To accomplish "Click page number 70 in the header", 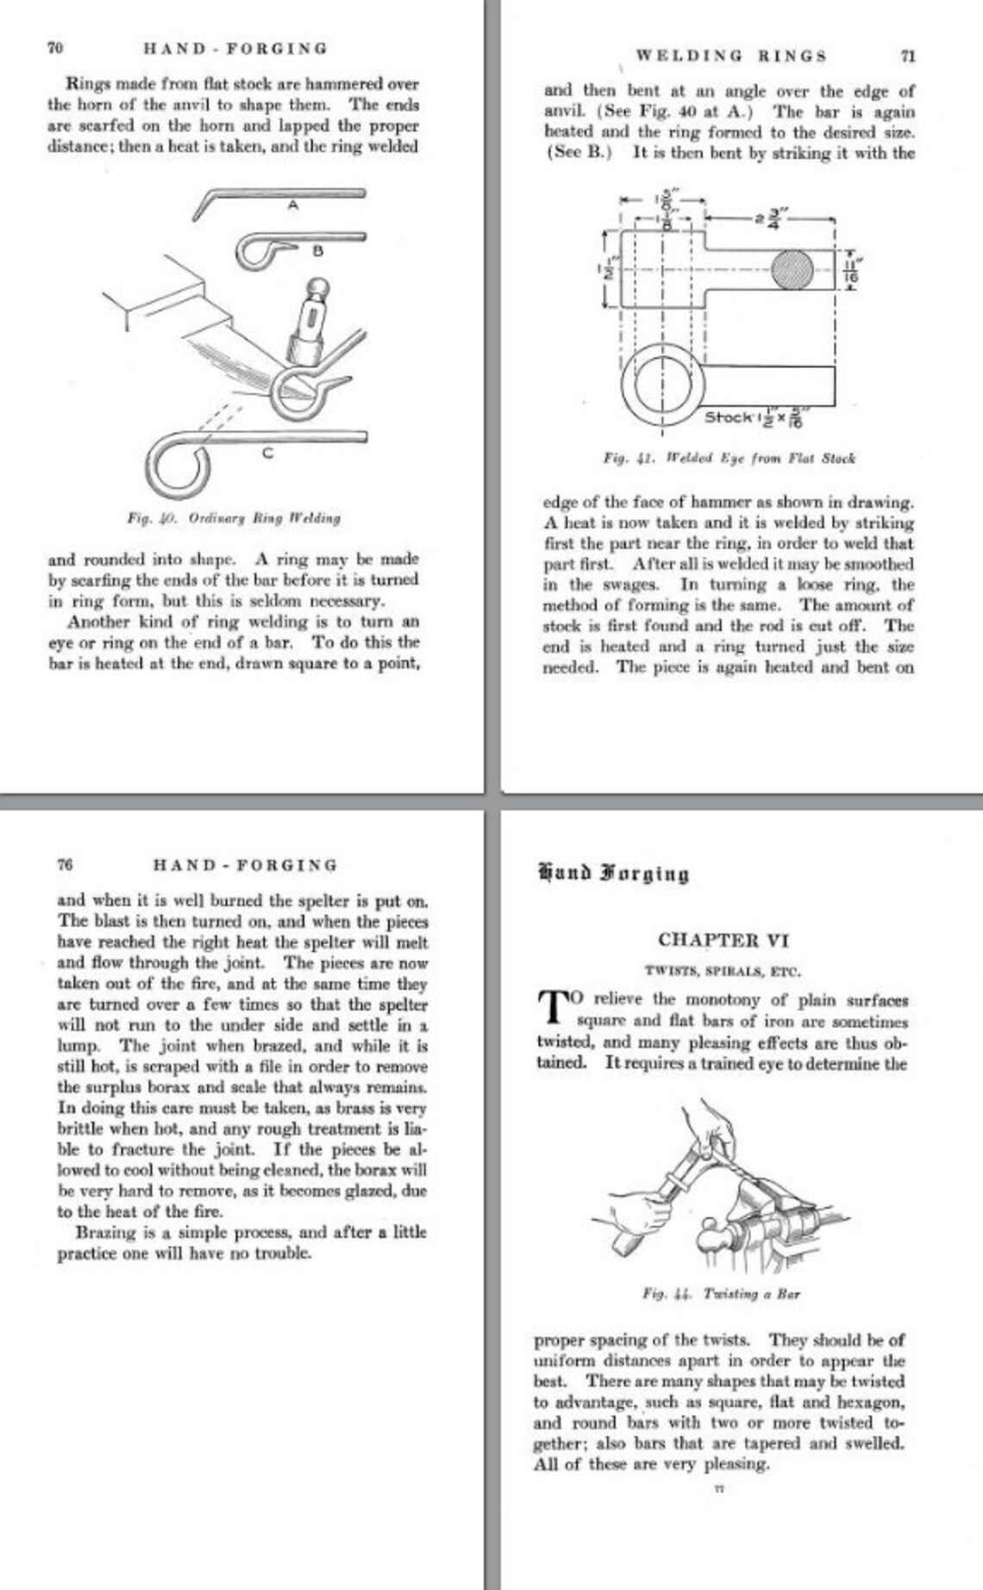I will click(x=54, y=48).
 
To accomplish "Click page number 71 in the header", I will click(x=907, y=56).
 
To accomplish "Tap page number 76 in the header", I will click(x=65, y=864).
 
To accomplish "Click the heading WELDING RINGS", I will click(x=731, y=56).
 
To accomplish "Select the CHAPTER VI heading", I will click(x=723, y=940).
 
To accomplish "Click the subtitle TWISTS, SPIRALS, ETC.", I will click(x=723, y=971).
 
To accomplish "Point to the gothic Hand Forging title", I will click(x=613, y=873).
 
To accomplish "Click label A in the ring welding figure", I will click(x=293, y=206).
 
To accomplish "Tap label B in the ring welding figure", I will click(x=316, y=251).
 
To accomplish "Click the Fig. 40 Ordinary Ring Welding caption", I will click(x=234, y=518).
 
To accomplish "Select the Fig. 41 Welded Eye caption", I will click(x=729, y=458).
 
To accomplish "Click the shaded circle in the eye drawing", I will click(x=791, y=271).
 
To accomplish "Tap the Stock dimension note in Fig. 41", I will click(x=755, y=418).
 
